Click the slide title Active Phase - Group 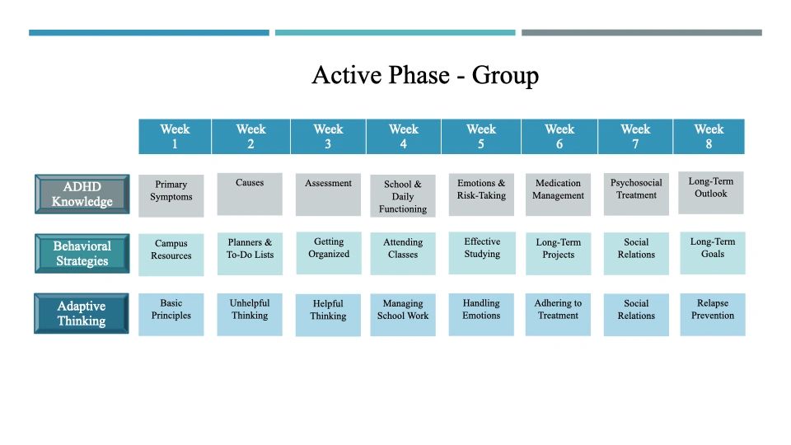(x=425, y=75)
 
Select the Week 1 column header (x=175, y=136)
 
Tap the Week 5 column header (x=481, y=136)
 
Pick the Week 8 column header (x=709, y=136)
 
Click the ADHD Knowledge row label (x=82, y=194)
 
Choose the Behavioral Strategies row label (x=82, y=253)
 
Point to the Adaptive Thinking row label (x=82, y=313)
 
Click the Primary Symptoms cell (x=171, y=196)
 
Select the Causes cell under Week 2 (x=250, y=194)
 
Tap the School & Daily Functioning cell (x=403, y=196)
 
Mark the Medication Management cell (x=558, y=194)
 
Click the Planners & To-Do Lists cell (x=250, y=254)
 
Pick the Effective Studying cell (x=482, y=253)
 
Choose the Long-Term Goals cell (x=713, y=253)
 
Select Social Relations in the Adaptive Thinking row (x=636, y=315)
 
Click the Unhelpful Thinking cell (x=250, y=314)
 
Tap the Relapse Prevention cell (x=713, y=314)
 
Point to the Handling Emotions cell (x=481, y=314)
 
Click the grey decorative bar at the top (x=642, y=33)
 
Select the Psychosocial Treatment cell (x=636, y=194)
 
